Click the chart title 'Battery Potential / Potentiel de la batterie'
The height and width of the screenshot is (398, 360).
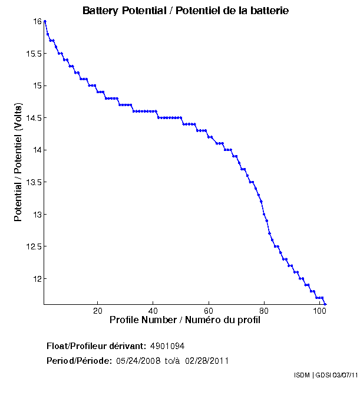(186, 11)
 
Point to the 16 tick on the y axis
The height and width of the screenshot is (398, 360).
(37, 21)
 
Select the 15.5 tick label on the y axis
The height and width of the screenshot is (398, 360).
(32, 54)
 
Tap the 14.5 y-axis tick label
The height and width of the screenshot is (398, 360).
(32, 118)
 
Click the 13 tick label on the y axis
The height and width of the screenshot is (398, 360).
(37, 215)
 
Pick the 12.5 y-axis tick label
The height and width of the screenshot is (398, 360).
(32, 246)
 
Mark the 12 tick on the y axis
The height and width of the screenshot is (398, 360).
(37, 279)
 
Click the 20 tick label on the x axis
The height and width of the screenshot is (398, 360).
(98, 311)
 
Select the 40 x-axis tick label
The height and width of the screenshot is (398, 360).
(153, 311)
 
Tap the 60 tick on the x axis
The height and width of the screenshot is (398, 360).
(209, 311)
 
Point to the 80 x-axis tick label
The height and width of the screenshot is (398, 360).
(264, 311)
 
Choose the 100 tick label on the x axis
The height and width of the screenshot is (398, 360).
(319, 311)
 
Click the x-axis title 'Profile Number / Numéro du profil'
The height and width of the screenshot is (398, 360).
(185, 320)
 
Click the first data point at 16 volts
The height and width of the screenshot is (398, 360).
(45, 21)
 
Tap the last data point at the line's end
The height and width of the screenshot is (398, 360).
(325, 304)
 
